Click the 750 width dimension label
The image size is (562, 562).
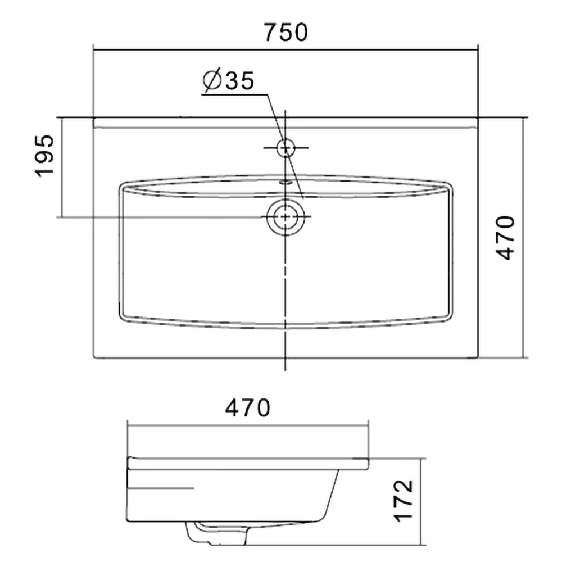(285, 32)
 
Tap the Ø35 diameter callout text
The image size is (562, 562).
(228, 80)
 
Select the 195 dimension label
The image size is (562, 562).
(44, 156)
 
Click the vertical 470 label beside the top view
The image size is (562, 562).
(506, 238)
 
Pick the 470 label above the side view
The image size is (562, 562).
(247, 407)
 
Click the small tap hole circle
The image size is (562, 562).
(285, 148)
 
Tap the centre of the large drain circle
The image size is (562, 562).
(285, 217)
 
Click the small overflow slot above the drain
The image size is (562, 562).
(285, 182)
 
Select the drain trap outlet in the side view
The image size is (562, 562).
(217, 534)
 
